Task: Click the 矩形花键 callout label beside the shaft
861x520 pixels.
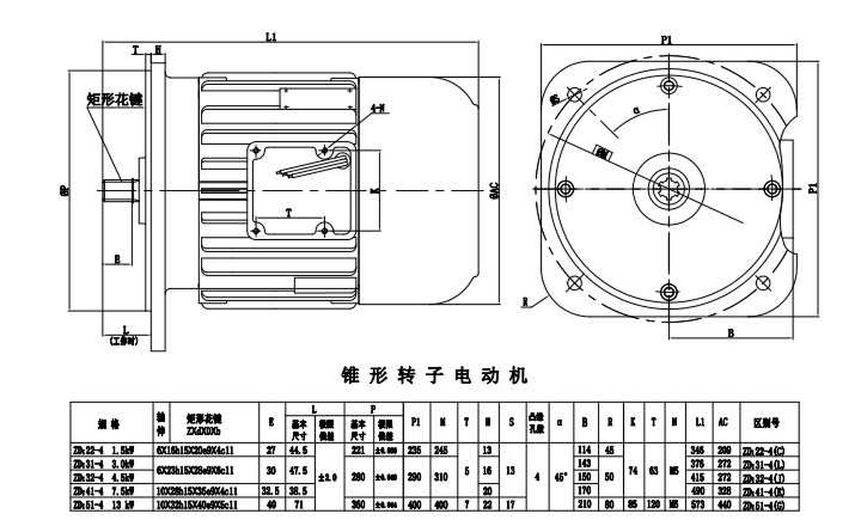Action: pyautogui.click(x=115, y=99)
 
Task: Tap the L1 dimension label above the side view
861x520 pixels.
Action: pyautogui.click(x=271, y=37)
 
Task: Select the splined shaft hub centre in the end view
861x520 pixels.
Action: pyautogui.click(x=668, y=189)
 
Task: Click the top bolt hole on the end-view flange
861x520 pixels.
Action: pyautogui.click(x=668, y=86)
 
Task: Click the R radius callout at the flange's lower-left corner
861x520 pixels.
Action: pyautogui.click(x=526, y=302)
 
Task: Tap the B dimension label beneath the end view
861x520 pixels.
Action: pyautogui.click(x=731, y=334)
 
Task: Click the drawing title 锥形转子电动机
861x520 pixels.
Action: pyautogui.click(x=434, y=375)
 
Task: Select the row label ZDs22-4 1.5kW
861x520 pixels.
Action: pyautogui.click(x=104, y=450)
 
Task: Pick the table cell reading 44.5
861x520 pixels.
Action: pyautogui.click(x=298, y=450)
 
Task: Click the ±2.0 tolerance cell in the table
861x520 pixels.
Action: pyautogui.click(x=329, y=477)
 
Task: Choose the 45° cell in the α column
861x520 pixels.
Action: pyautogui.click(x=560, y=477)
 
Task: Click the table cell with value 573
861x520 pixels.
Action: pyautogui.click(x=699, y=505)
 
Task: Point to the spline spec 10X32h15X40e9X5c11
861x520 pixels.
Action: pyautogui.click(x=197, y=505)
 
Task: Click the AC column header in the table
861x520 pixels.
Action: pyautogui.click(x=723, y=422)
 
